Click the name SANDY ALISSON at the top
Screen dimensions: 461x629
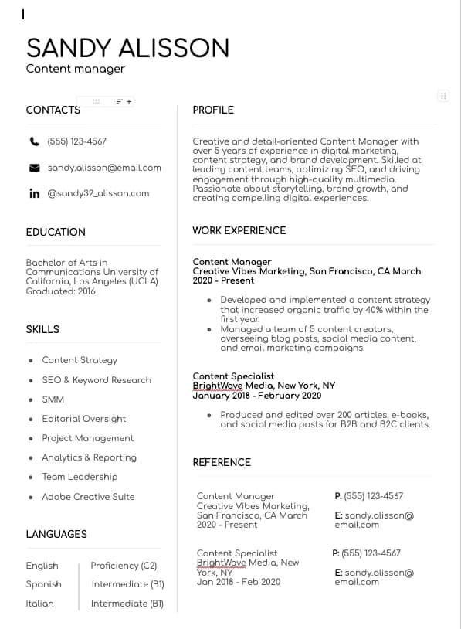coord(127,48)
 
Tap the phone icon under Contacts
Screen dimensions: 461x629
coord(34,141)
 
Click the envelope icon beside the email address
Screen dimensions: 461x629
coord(34,168)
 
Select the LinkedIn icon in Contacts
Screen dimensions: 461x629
coord(34,193)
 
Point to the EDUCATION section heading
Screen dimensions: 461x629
coord(56,232)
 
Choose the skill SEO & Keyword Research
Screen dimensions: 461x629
coord(97,380)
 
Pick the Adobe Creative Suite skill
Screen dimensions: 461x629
coord(88,497)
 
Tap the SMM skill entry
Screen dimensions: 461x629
coord(53,399)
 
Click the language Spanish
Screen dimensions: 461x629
coord(43,584)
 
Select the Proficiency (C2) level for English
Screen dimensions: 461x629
coord(124,566)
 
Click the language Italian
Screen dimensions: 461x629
coord(39,603)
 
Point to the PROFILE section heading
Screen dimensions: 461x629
coord(213,110)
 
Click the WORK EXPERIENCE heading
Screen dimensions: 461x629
coord(239,230)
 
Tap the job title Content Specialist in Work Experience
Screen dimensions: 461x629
coord(233,376)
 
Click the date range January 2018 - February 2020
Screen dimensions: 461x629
coord(246,395)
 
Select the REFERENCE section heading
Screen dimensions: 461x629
coord(222,462)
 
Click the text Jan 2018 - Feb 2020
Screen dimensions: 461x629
coord(239,582)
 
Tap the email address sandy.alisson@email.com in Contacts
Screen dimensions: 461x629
coord(104,168)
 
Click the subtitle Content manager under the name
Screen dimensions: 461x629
coord(76,69)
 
